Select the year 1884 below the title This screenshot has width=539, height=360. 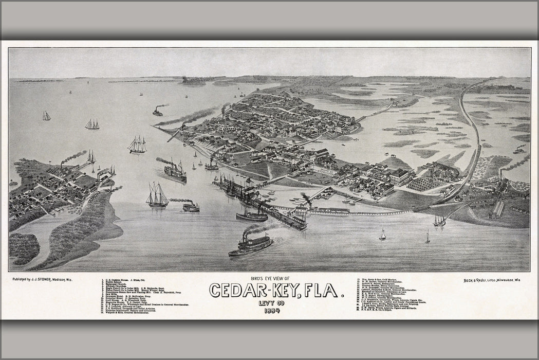[272, 311]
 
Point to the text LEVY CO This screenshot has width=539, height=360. [272, 303]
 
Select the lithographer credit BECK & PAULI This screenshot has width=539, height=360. [475, 280]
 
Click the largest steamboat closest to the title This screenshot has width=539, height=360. [251, 245]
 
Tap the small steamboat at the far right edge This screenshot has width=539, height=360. [519, 150]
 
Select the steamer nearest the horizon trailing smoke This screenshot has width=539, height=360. [157, 112]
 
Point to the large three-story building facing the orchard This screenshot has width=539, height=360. [401, 177]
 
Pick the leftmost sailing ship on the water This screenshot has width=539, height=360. [46, 116]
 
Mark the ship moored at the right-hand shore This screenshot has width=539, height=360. [439, 221]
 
